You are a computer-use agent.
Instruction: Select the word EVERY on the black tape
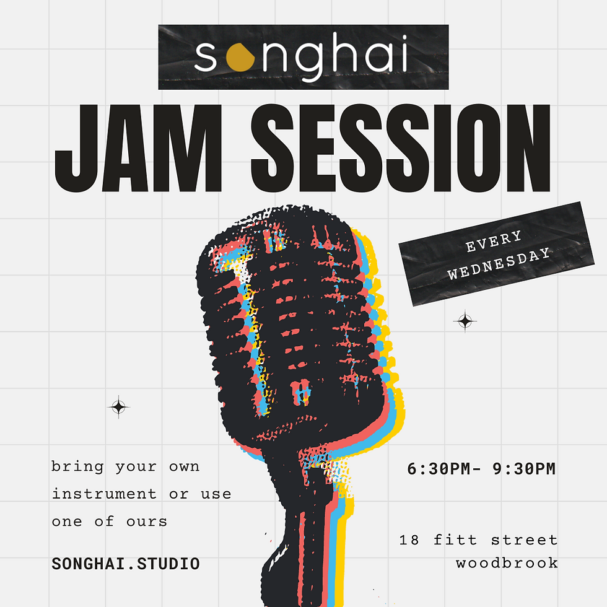click(494, 241)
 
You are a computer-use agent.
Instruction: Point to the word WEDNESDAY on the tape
click(499, 264)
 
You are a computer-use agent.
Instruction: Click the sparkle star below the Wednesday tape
click(465, 321)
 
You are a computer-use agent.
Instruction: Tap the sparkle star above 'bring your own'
click(118, 407)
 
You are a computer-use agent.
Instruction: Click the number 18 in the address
click(409, 540)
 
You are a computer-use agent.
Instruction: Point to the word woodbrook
click(507, 563)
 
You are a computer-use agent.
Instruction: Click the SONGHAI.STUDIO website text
click(126, 564)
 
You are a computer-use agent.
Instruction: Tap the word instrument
click(104, 494)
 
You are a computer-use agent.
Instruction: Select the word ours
click(147, 521)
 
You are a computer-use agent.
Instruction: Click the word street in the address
click(524, 540)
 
